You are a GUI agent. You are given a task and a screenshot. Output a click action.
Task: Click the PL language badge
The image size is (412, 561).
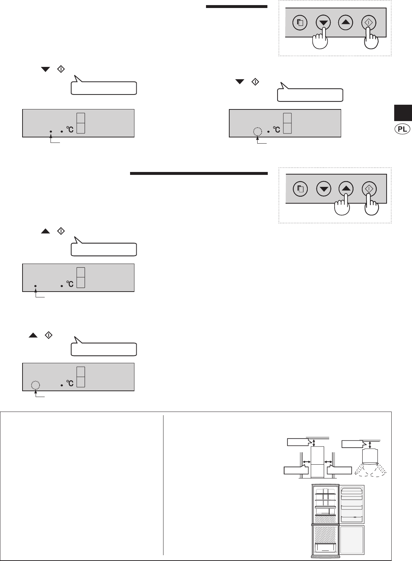coord(403,129)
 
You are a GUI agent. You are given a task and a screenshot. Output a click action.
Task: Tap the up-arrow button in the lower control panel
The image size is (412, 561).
coord(346,189)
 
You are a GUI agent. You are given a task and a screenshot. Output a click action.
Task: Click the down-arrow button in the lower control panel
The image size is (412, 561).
coord(323,189)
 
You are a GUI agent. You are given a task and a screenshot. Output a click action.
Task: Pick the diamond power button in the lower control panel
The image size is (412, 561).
coord(369,189)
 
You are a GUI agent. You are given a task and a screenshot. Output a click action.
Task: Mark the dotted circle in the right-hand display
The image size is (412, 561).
coord(257,131)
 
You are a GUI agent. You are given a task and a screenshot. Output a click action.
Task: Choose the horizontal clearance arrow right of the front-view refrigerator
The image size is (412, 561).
coord(329,461)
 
